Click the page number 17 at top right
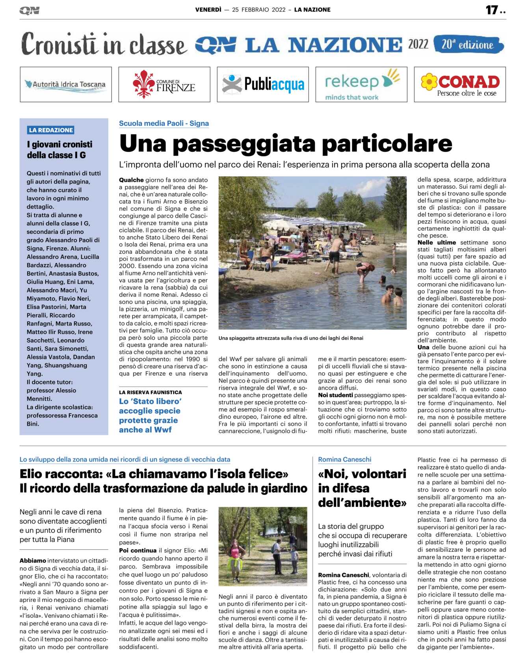pos(492,10)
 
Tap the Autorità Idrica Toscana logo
pos(66,84)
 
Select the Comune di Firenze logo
pos(164,84)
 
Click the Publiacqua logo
pos(263,84)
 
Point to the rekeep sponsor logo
pos(361,84)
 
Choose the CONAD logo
pos(460,84)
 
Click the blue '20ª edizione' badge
pos(468,45)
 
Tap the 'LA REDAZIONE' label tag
pos(51,130)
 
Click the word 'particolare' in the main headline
pos(387,144)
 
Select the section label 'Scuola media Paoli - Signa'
pos(164,123)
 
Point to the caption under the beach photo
pos(291,338)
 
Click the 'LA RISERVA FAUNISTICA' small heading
pos(151,393)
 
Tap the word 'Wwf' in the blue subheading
pos(163,430)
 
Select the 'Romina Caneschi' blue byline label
pos(345,460)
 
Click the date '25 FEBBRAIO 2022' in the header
pos(259,10)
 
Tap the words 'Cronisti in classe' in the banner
pos(103,45)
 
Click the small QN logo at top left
pos(30,11)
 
